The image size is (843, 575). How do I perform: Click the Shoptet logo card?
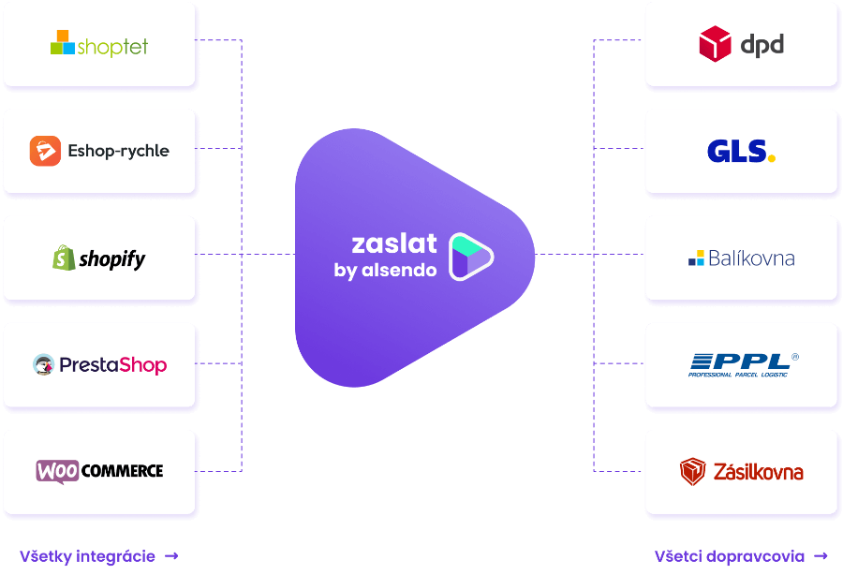pyautogui.click(x=100, y=45)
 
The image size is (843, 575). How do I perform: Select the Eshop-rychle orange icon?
pyautogui.click(x=45, y=151)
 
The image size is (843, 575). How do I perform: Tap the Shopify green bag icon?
pyautogui.click(x=63, y=258)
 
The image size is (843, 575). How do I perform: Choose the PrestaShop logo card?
pyautogui.click(x=100, y=364)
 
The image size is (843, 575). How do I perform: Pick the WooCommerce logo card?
pyautogui.click(x=100, y=471)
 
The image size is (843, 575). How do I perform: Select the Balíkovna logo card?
pyautogui.click(x=741, y=258)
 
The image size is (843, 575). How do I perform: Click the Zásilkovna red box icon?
pyautogui.click(x=693, y=471)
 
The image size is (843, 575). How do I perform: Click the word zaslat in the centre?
pyautogui.click(x=394, y=243)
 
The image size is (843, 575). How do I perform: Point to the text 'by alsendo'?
pyautogui.click(x=385, y=271)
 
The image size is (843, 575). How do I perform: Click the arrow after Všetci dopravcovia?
pyautogui.click(x=821, y=556)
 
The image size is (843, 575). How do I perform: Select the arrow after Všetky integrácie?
pyautogui.click(x=171, y=556)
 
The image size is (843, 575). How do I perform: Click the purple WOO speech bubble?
pyautogui.click(x=57, y=471)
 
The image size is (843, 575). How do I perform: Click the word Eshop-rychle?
pyautogui.click(x=118, y=151)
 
